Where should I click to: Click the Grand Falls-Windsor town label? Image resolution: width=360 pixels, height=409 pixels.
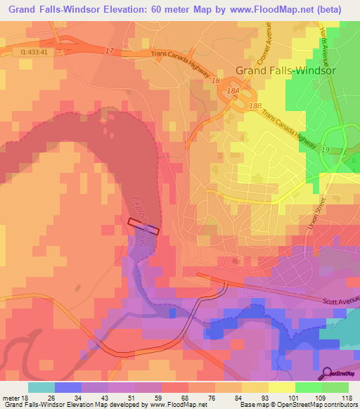[285, 70]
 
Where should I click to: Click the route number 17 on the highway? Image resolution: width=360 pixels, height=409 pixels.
[109, 50]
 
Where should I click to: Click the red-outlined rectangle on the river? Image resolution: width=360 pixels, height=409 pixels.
[144, 226]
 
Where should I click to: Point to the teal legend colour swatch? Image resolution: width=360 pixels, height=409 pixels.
[41, 387]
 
